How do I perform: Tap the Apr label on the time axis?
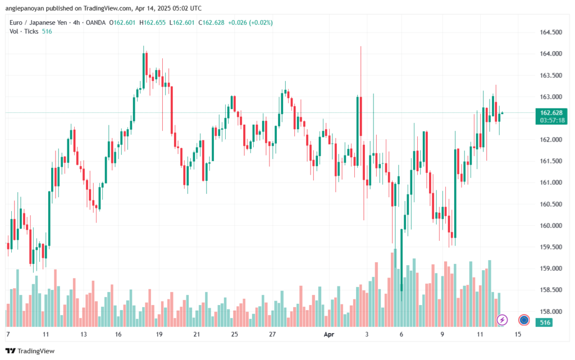[330, 334]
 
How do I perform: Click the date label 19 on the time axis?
[159, 334]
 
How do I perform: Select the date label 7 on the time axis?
[8, 334]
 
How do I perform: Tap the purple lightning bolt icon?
[503, 320]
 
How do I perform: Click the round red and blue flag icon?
[524, 320]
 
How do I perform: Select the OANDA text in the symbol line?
[95, 22]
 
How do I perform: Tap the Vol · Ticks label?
[24, 31]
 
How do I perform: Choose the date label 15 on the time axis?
[518, 334]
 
